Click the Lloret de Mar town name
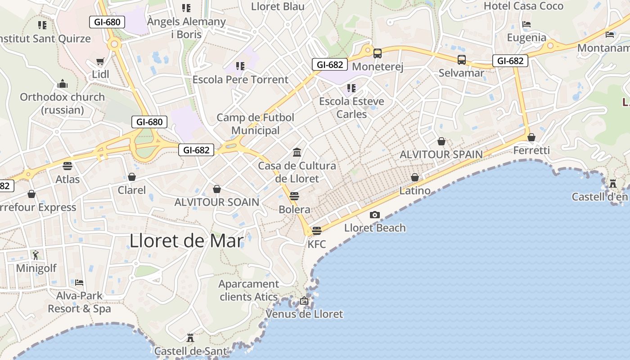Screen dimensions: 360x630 pyautogui.click(x=186, y=241)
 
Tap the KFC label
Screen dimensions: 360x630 pyautogui.click(x=317, y=244)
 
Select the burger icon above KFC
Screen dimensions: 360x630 pyautogui.click(x=317, y=231)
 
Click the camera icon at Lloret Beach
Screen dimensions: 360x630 pyautogui.click(x=374, y=215)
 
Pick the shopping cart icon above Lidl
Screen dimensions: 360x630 pyautogui.click(x=100, y=61)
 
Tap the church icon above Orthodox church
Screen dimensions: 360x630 pyautogui.click(x=62, y=84)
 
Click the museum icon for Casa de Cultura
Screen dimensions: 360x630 pyautogui.click(x=297, y=152)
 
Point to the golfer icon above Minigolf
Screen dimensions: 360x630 pyautogui.click(x=36, y=255)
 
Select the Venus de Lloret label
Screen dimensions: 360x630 pyautogui.click(x=304, y=314)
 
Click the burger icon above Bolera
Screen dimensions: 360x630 pyautogui.click(x=294, y=196)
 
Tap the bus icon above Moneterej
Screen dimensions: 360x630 pyautogui.click(x=378, y=53)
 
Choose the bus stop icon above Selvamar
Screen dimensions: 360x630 pyautogui.click(x=461, y=59)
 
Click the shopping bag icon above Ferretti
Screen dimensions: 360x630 pyautogui.click(x=531, y=137)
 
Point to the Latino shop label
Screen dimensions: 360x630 pyautogui.click(x=415, y=190)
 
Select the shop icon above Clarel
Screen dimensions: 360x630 pyautogui.click(x=132, y=177)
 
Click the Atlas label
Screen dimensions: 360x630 pyautogui.click(x=67, y=179)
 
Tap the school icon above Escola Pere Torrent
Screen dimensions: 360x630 pyautogui.click(x=240, y=66)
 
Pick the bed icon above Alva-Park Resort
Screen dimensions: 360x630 pyautogui.click(x=79, y=283)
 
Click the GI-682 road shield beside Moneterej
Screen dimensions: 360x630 pyautogui.click(x=330, y=64)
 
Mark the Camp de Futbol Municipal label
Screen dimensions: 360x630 pyautogui.click(x=255, y=124)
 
